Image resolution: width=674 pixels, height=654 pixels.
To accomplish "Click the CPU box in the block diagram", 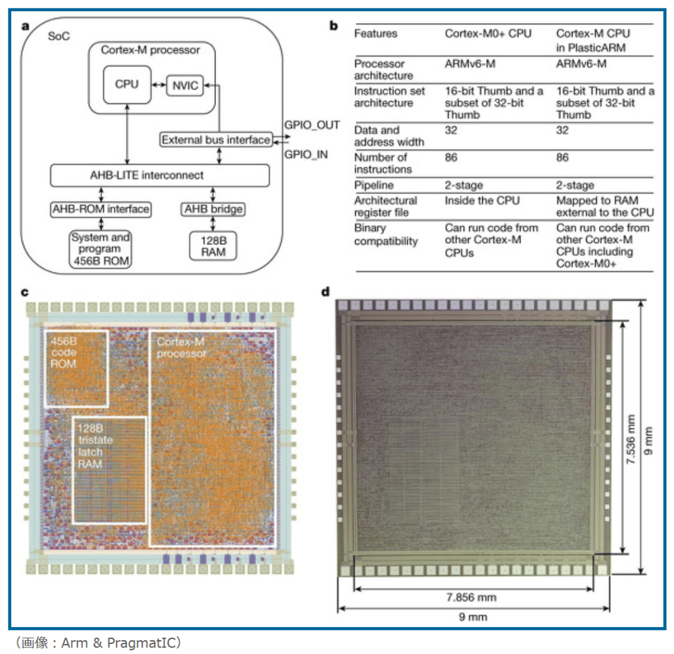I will click(x=126, y=85).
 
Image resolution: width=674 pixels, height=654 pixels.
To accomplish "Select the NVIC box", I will click(x=184, y=86).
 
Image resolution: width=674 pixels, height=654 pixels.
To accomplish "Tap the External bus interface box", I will click(x=216, y=140).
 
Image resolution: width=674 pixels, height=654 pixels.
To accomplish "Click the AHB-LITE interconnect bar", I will click(x=160, y=175).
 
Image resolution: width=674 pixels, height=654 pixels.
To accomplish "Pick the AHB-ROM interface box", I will click(x=101, y=209).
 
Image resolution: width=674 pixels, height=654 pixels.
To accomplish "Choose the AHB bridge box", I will click(x=212, y=209).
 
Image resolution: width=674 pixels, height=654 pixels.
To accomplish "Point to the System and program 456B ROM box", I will click(x=101, y=249).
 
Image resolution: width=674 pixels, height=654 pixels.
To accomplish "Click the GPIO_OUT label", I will click(x=312, y=124).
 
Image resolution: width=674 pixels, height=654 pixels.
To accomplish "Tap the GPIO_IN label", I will click(x=306, y=155).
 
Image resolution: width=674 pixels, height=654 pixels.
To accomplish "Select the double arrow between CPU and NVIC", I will click(x=158, y=86).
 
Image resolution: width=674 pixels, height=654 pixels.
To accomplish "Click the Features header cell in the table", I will click(x=376, y=33).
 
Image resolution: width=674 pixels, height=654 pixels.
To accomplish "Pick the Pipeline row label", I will click(x=374, y=186).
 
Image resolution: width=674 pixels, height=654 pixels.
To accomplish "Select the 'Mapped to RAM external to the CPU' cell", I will click(x=604, y=206).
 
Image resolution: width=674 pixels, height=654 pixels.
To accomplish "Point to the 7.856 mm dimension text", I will click(x=471, y=597).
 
